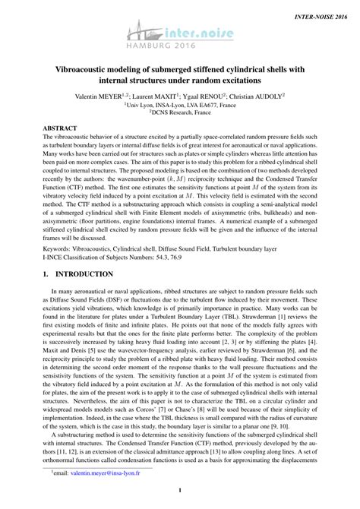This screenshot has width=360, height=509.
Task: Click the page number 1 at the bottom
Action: coord(180,500)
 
